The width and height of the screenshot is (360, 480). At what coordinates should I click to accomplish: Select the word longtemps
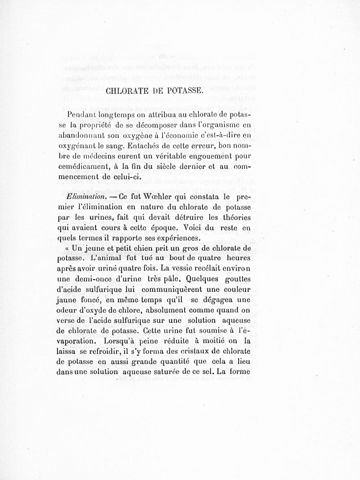[115, 116]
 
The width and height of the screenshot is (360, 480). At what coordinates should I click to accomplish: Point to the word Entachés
[145, 146]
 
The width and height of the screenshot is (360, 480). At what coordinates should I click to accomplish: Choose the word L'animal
[97, 258]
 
